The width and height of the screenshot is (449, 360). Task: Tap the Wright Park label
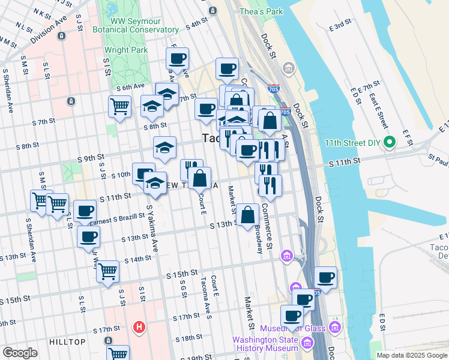click(125, 50)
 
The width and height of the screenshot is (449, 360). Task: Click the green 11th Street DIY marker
click(390, 143)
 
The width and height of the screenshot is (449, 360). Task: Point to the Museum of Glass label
click(292, 328)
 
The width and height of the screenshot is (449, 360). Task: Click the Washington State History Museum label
click(265, 344)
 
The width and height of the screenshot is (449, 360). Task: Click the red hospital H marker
click(139, 327)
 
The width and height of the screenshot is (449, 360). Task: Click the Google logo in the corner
click(20, 353)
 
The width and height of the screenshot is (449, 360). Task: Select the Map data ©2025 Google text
click(411, 355)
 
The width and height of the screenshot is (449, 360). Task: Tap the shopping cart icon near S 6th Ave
click(119, 107)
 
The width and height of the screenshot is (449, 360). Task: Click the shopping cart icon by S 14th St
click(108, 271)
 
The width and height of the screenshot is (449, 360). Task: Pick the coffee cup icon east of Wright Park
click(177, 59)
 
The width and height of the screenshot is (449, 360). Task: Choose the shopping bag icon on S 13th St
click(247, 215)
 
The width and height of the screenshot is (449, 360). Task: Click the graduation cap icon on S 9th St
click(164, 148)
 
